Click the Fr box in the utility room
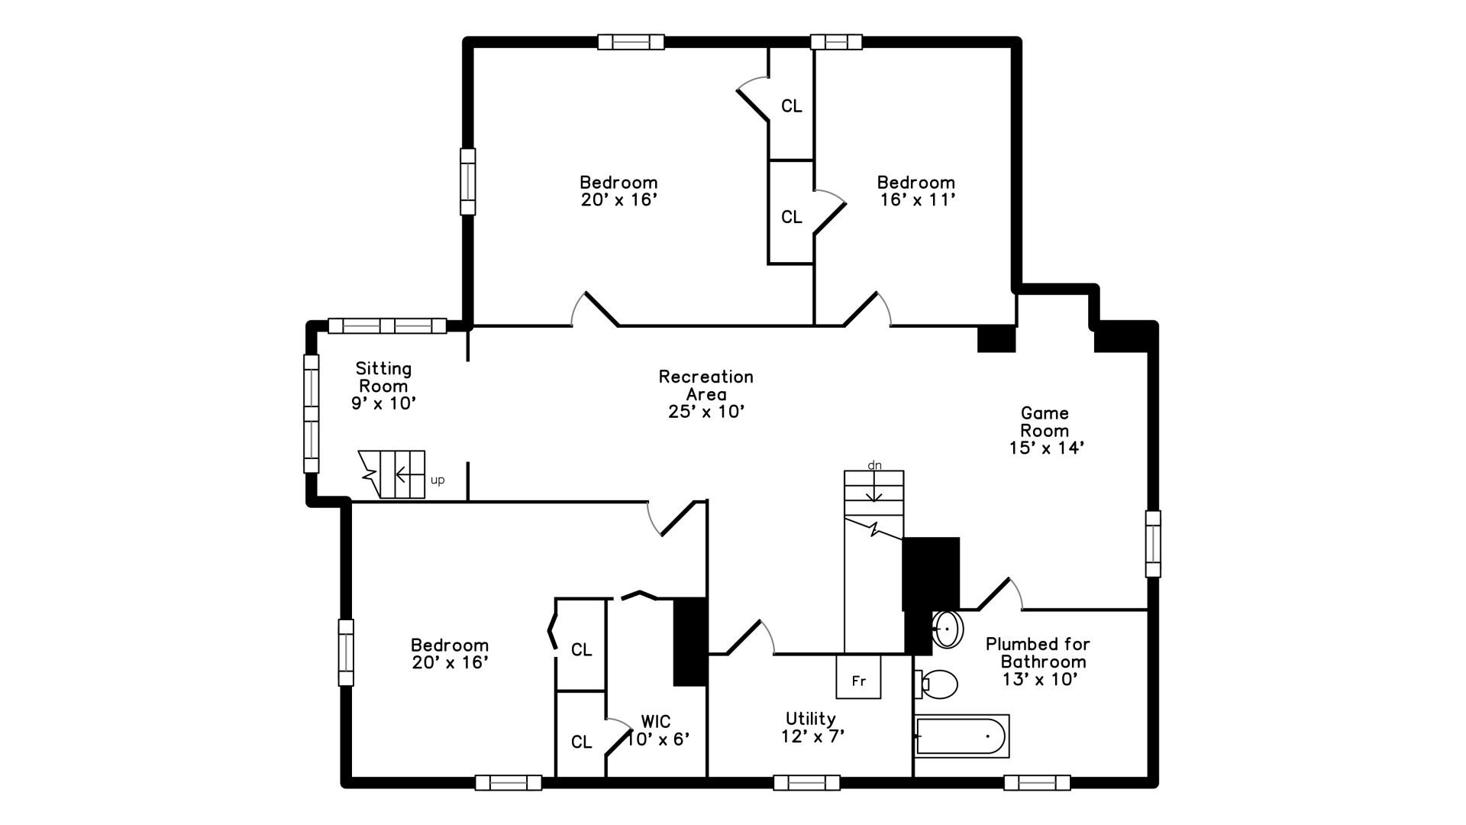click(x=858, y=677)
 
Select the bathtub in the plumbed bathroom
click(x=962, y=736)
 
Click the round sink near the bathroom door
click(x=948, y=629)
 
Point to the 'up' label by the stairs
click(x=438, y=480)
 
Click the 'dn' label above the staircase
click(x=874, y=464)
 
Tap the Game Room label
click(x=1045, y=422)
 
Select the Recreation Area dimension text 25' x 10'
click(x=706, y=412)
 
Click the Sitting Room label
click(x=383, y=377)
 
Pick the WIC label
click(x=656, y=721)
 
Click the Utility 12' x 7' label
click(x=812, y=727)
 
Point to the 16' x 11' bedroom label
click(x=916, y=199)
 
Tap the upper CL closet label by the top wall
click(x=791, y=106)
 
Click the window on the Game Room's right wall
click(x=1153, y=544)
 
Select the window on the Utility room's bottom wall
click(x=806, y=782)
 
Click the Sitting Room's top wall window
click(x=387, y=325)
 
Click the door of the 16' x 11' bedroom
click(x=864, y=310)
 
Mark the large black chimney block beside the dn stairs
click(x=930, y=573)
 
